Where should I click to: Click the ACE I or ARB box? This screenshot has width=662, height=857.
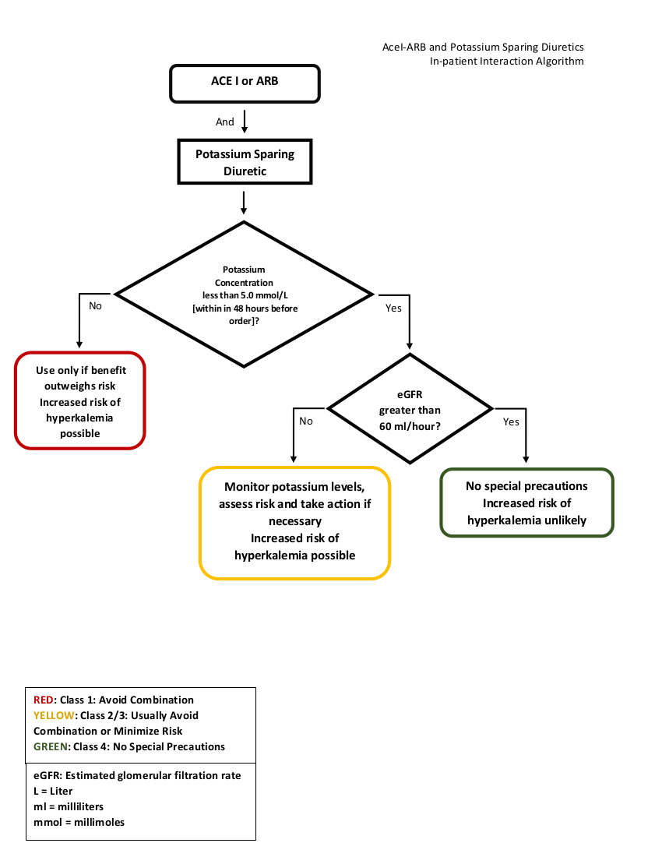click(245, 83)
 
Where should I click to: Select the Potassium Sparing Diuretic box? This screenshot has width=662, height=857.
click(245, 162)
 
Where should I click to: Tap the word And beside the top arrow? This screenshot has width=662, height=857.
click(224, 122)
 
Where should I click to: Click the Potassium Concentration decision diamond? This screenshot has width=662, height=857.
click(244, 294)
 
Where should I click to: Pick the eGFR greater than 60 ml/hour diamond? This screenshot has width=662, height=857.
click(410, 408)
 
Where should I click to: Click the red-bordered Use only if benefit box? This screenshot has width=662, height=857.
click(79, 400)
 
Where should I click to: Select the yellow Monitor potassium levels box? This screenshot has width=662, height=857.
click(294, 523)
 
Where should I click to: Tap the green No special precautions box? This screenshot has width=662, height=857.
click(526, 503)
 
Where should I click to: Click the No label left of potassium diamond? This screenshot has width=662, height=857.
click(95, 306)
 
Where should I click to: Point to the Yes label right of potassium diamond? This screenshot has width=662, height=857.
click(393, 309)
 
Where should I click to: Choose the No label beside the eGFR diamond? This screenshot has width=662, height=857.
click(306, 421)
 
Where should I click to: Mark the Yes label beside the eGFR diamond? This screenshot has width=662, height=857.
click(511, 422)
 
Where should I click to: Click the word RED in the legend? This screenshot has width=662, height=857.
click(44, 700)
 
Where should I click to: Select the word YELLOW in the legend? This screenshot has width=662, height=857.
click(54, 715)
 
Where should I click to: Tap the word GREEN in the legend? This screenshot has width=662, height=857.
click(51, 746)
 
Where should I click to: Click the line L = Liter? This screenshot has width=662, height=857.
click(53, 791)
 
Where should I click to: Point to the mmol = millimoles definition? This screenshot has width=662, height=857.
click(79, 823)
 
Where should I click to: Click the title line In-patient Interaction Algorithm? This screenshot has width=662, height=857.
click(506, 62)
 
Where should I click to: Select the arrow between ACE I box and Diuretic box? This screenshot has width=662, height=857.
click(245, 122)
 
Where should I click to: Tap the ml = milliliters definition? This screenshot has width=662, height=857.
click(69, 806)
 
